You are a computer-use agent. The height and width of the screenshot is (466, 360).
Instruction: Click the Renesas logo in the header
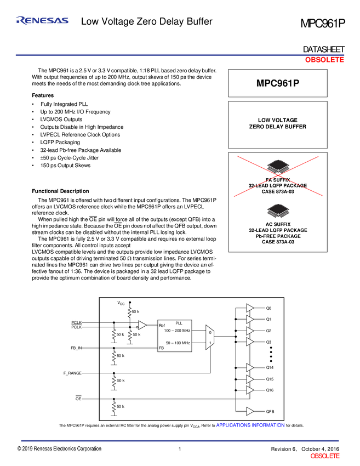42,20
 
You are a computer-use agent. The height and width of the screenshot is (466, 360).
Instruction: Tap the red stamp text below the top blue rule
324,61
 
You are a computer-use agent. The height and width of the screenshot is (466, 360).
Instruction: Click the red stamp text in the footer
325,456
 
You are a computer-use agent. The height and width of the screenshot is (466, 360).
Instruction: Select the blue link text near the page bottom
251,425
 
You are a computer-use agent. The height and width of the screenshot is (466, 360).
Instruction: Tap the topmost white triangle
250,308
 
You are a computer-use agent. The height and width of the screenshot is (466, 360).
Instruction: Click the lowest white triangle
250,411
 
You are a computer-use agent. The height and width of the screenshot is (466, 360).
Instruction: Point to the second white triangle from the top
250,319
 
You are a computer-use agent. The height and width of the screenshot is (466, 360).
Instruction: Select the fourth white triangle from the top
250,342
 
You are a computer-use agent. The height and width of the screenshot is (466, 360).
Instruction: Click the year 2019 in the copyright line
28,449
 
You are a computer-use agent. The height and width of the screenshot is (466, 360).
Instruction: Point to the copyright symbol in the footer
20,449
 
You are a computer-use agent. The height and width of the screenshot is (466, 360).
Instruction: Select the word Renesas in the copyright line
44,449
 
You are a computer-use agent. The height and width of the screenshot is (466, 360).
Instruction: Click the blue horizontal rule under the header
180,55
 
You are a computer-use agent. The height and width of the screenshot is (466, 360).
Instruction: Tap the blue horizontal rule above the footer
180,440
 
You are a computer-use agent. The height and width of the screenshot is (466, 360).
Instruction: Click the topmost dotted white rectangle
130,312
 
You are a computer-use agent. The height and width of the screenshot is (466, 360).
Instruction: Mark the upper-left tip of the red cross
237,156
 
